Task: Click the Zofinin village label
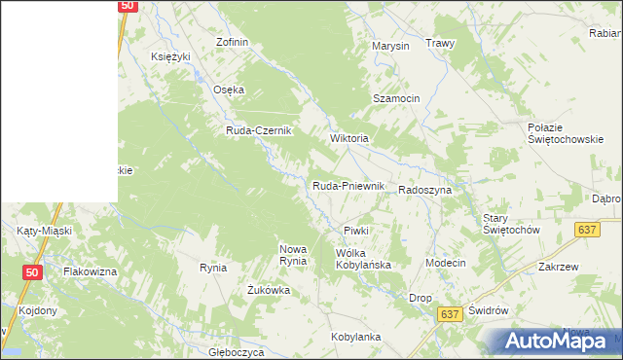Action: [x=234, y=43]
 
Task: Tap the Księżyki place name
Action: [x=170, y=56]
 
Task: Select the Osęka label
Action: [x=229, y=90]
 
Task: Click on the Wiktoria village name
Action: [x=349, y=138]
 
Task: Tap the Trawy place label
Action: [x=441, y=44]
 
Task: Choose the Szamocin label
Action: [x=396, y=99]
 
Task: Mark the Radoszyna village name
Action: [x=424, y=191]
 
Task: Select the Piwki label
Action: [x=355, y=231]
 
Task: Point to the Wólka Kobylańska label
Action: [x=362, y=259]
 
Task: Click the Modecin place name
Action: [x=446, y=264]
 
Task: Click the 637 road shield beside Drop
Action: [x=449, y=314]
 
